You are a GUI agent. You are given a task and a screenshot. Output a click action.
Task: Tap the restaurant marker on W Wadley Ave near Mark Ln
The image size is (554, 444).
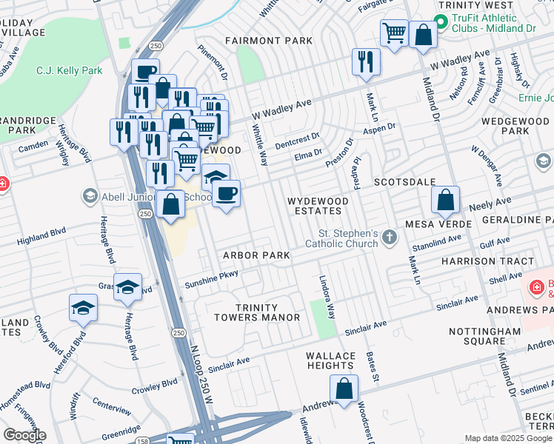point(364,62)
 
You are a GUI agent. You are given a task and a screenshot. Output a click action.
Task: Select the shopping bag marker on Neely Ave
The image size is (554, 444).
point(446,200)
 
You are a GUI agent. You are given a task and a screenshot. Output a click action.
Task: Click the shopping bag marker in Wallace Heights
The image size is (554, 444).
point(344,388)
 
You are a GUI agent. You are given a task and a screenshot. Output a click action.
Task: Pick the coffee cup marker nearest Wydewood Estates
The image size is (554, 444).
point(227,195)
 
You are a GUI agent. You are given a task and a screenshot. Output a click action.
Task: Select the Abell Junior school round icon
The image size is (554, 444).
point(90,195)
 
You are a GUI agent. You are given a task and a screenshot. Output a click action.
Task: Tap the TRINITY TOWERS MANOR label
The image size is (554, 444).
point(256,312)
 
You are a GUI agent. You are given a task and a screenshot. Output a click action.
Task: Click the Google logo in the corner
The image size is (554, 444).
point(24,435)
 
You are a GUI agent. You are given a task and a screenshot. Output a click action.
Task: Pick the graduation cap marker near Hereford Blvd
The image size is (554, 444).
point(83,309)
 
